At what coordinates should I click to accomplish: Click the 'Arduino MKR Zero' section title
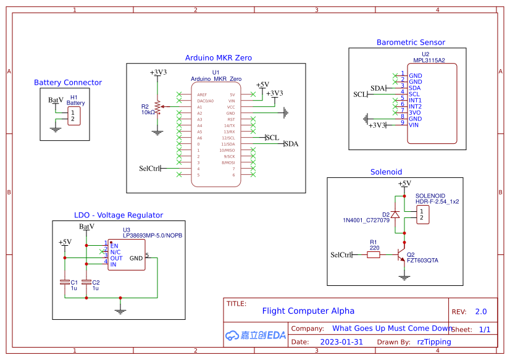218,57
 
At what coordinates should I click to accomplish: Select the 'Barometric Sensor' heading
411,43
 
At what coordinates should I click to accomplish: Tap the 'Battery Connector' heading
68,82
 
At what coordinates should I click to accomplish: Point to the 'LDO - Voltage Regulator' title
119,215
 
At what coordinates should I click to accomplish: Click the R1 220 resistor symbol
374,254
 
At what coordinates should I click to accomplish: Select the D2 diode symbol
396,214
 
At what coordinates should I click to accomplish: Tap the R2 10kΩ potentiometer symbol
157,107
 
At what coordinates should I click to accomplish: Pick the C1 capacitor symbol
65,282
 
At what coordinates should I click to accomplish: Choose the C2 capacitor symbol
86,282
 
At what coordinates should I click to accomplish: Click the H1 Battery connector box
73,115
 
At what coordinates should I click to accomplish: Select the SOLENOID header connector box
422,215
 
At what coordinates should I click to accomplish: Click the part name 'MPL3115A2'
429,61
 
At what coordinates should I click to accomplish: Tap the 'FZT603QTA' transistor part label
422,261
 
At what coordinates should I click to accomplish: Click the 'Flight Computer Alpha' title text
308,311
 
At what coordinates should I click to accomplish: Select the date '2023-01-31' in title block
341,341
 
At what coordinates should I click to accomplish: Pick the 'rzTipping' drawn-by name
433,341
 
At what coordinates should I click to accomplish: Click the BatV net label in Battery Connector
56,99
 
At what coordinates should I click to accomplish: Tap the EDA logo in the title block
255,335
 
